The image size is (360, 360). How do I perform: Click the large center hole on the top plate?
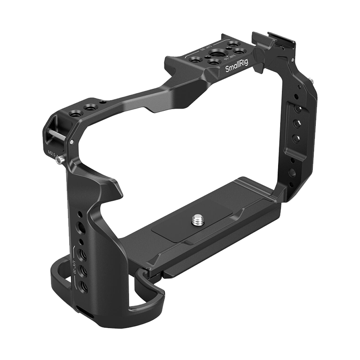[x=215, y=54]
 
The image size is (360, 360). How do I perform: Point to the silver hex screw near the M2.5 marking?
[x=59, y=161]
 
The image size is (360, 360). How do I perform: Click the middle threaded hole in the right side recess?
[x=296, y=124]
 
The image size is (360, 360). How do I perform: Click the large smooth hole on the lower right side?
[x=292, y=172]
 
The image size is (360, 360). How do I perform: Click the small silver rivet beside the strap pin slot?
[x=72, y=142]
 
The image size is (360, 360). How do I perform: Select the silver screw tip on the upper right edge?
[x=312, y=84]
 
